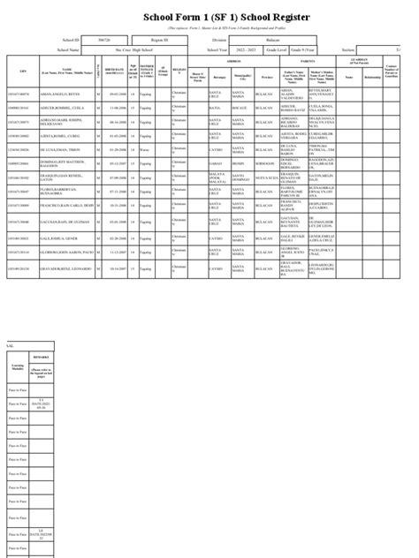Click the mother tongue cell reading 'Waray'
point(146,149)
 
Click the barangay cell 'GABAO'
point(202,164)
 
